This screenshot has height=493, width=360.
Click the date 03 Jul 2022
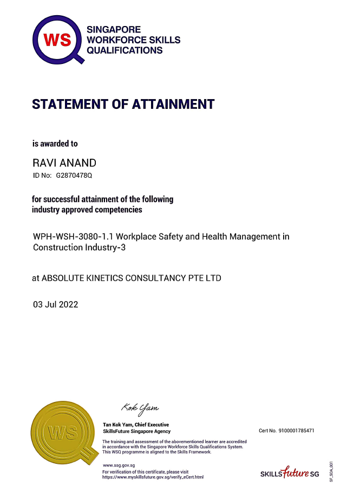56,304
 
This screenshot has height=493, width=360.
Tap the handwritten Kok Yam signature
140,407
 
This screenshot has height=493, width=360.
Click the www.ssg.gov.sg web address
118,465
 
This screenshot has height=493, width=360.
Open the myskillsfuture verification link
153,477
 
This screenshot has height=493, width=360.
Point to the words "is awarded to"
55,144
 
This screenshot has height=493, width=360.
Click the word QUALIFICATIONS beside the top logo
125,50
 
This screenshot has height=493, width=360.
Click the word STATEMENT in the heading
73,104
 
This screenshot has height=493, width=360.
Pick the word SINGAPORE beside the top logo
114,30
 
